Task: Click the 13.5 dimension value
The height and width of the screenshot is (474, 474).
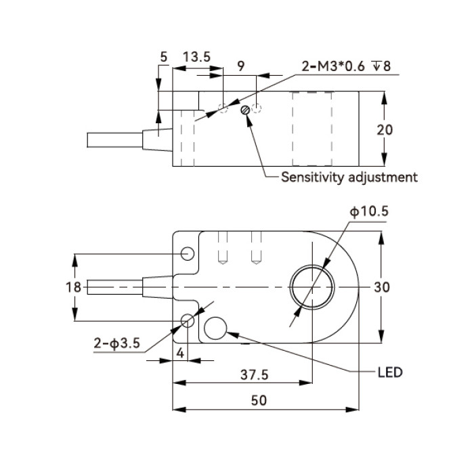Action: point(196,57)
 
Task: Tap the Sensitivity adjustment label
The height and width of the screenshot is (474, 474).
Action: point(349,177)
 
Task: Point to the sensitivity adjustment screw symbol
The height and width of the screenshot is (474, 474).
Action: point(245,110)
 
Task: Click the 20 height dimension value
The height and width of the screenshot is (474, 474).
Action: point(385,130)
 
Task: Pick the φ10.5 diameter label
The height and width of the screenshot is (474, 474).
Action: point(369,211)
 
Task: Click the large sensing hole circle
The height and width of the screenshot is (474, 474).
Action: point(312,287)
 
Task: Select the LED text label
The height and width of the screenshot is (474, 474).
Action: point(390,372)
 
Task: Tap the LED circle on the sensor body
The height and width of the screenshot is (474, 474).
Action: point(215,328)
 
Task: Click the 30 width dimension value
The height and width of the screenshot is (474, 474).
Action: point(382,287)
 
